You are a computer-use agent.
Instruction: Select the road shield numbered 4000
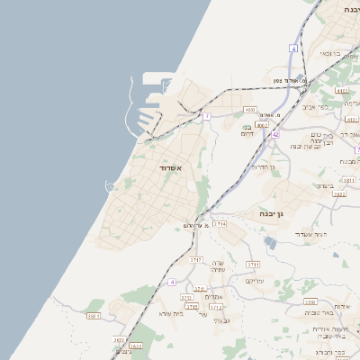point(249,110)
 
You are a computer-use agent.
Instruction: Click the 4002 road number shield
point(261,125)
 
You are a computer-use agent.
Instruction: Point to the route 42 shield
point(275,134)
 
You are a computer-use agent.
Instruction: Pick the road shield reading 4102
point(340,91)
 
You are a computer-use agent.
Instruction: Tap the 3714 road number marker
point(220,222)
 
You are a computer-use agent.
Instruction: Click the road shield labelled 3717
point(197,259)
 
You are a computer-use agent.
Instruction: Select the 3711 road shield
point(253,265)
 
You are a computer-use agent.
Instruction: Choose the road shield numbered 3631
point(94,316)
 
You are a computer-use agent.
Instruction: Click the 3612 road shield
point(136,346)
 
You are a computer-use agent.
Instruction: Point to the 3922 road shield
point(339,193)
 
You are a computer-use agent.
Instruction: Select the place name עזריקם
point(256,281)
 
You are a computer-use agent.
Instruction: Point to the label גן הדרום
point(263,166)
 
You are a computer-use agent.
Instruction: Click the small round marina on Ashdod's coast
point(111,187)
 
